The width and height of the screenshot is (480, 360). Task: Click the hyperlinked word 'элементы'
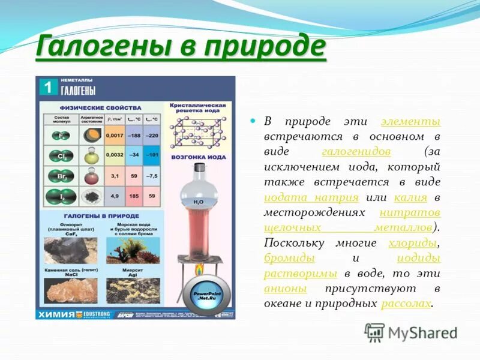[x=411, y=121]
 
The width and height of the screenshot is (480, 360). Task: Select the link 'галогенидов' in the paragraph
[x=356, y=151]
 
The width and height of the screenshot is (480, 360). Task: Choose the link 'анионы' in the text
[x=286, y=289]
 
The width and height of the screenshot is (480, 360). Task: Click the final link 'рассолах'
[x=406, y=304]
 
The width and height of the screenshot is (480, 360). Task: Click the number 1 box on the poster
[x=48, y=87]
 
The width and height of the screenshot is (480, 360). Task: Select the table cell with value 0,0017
[x=115, y=136]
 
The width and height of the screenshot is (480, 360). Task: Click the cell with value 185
[x=134, y=196]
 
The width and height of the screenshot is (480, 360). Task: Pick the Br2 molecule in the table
[x=62, y=176]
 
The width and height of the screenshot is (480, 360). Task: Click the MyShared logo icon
[x=374, y=332]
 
